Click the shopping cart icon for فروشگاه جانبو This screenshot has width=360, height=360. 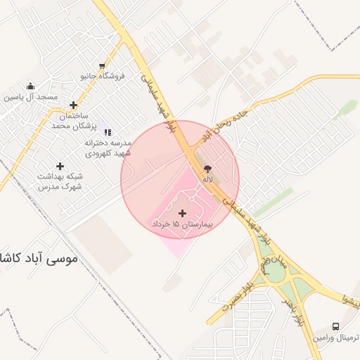[103, 65]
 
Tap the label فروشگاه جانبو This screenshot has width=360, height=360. [103, 75]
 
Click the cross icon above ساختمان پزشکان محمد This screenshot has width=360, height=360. [73, 105]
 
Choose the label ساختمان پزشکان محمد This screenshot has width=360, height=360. [72, 120]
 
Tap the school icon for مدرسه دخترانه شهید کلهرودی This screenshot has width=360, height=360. [108, 132]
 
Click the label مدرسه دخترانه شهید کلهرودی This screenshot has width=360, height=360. [108, 147]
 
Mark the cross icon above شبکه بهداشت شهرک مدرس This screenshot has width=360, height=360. [60, 167]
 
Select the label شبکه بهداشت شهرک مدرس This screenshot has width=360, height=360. [60, 181]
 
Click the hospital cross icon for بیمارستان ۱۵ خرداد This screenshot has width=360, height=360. [183, 212]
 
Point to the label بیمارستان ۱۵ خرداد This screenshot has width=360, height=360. [182, 224]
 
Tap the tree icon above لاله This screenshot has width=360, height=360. [207, 169]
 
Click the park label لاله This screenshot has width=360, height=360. [207, 180]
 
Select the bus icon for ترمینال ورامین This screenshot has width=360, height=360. [335, 327]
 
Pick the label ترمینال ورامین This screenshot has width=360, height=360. [335, 337]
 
